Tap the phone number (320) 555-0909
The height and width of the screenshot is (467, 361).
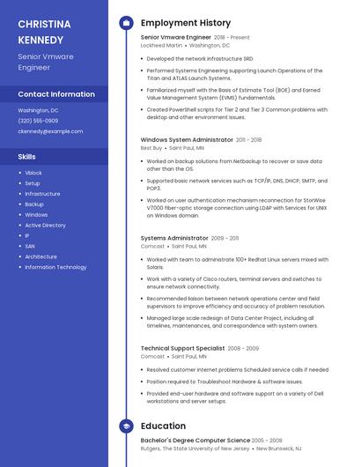tap(38, 121)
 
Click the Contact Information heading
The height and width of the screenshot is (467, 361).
tap(56, 94)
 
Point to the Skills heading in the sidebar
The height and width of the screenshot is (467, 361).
tap(27, 156)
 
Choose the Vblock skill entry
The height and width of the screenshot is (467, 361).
tap(33, 173)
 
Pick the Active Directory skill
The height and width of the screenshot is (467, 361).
tap(45, 226)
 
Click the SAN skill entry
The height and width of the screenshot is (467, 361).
tap(30, 246)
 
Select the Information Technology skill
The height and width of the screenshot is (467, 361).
tap(55, 267)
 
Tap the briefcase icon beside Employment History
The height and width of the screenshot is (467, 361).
tap(126, 23)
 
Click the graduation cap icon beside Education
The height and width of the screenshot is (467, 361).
tap(126, 426)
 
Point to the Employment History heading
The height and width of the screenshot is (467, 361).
tap(186, 23)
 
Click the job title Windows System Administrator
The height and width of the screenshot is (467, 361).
tap(187, 139)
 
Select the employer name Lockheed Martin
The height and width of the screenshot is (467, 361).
tap(162, 45)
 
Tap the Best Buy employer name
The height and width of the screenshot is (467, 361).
tap(151, 148)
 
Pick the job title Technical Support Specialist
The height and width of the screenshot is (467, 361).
tap(182, 348)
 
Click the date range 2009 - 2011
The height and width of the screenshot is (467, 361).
tap(225, 238)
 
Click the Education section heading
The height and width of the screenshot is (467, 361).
tap(163, 426)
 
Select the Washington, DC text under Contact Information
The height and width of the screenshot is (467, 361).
tap(38, 110)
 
